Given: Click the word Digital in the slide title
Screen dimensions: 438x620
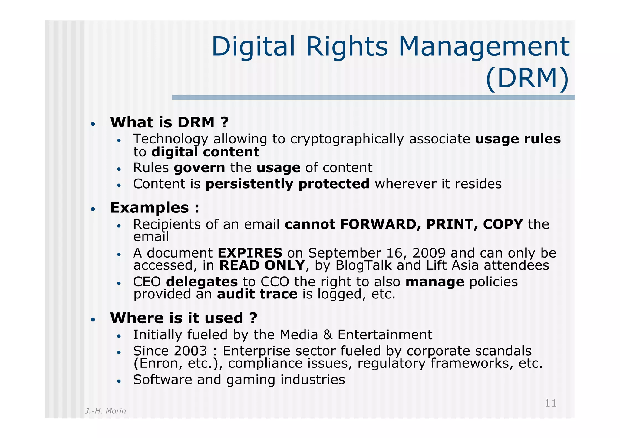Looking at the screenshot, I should (x=253, y=47).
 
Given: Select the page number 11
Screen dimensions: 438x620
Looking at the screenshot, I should (x=550, y=403).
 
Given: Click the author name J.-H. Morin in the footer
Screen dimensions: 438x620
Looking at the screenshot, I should (x=105, y=411).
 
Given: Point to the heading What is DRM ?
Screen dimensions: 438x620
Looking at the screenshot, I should (x=169, y=123).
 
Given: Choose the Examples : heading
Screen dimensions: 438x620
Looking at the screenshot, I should (x=155, y=208).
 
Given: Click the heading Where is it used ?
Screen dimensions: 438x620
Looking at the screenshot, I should (x=184, y=318).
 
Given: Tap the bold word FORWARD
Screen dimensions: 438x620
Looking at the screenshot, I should (x=380, y=224).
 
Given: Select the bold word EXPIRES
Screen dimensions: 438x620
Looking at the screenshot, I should (x=250, y=253).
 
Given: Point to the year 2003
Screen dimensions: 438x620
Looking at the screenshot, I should (x=190, y=351).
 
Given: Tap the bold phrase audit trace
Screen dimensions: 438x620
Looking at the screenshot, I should (x=257, y=294).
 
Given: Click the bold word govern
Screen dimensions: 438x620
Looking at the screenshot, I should (x=200, y=168).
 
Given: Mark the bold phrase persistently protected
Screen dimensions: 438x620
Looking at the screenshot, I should (x=287, y=184).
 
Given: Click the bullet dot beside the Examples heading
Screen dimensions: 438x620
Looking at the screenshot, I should (x=93, y=209).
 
